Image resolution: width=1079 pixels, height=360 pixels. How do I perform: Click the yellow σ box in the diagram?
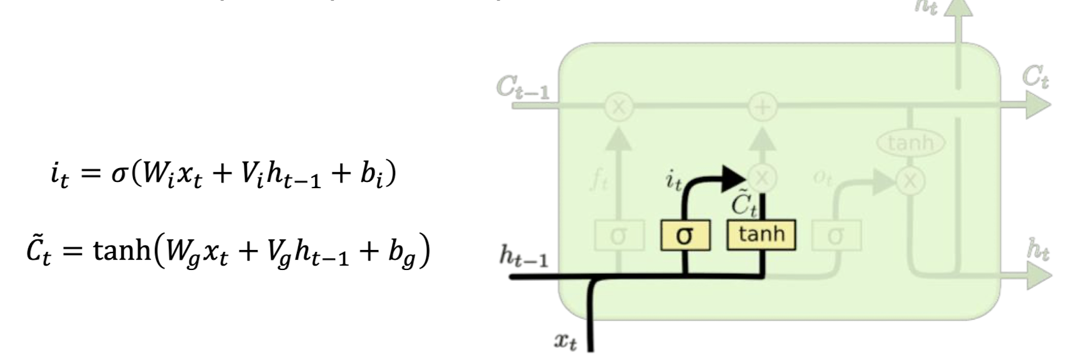[x=685, y=236]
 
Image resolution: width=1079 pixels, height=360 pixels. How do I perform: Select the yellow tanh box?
[x=761, y=235]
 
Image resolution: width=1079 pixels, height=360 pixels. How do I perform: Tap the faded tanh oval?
[x=910, y=142]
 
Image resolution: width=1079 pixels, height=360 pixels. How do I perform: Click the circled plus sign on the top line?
[x=762, y=107]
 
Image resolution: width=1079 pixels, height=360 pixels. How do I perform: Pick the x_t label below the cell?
[x=565, y=341]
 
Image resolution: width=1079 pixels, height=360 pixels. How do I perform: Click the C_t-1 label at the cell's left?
[x=523, y=88]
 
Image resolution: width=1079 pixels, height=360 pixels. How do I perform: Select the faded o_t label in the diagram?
[x=822, y=177]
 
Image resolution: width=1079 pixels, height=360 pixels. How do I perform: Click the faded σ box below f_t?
[x=618, y=236]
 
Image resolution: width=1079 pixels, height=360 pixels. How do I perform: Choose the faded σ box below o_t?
[x=836, y=236]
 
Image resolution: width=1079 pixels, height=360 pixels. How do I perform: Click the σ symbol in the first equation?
[x=119, y=173]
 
